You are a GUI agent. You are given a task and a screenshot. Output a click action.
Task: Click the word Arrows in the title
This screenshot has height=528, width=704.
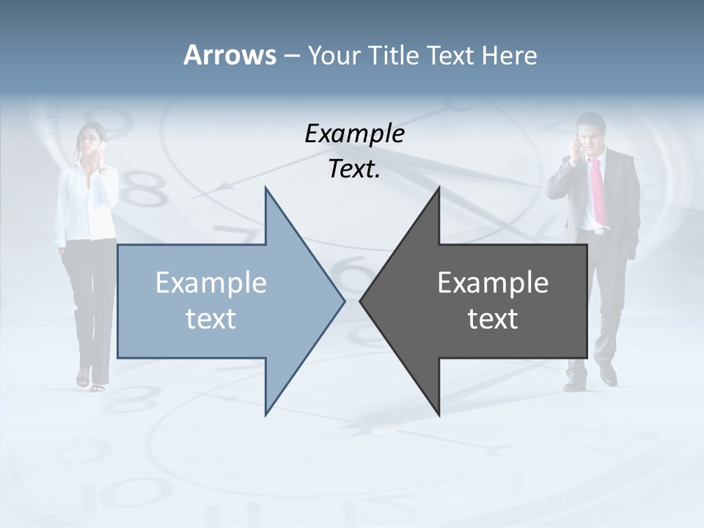click(x=229, y=55)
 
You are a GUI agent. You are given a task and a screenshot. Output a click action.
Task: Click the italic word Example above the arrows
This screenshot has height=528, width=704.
click(x=354, y=134)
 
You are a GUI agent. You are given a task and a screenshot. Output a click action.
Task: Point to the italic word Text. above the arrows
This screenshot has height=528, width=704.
click(x=354, y=169)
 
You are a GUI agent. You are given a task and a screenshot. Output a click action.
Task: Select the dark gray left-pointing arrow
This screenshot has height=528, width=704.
click(x=499, y=301)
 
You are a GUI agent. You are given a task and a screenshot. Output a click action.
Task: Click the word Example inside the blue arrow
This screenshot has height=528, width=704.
click(x=211, y=282)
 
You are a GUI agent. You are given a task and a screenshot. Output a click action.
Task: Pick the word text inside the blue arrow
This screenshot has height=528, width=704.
click(x=211, y=318)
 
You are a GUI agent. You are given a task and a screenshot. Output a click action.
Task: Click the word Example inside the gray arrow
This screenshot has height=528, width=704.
click(x=493, y=282)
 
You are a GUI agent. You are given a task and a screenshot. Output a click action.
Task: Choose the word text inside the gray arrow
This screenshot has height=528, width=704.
click(x=493, y=318)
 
